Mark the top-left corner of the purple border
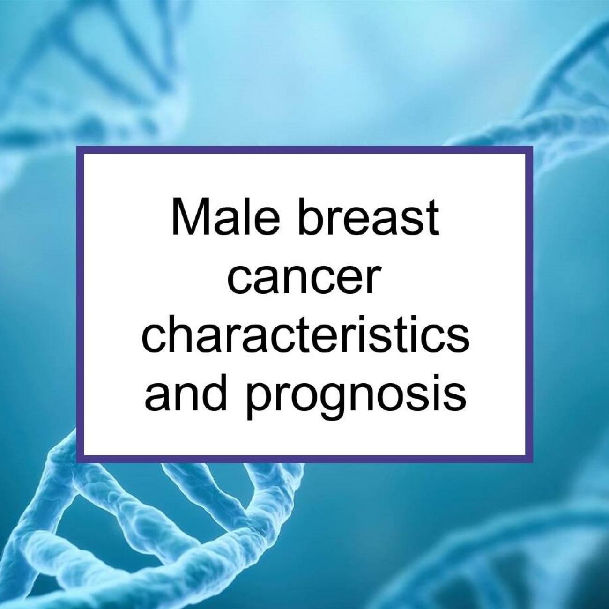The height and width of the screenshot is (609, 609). (77, 146)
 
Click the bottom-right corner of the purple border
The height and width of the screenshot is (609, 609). (533, 463)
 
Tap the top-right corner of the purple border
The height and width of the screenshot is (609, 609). (533, 146)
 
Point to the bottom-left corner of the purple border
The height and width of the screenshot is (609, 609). (77, 463)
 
